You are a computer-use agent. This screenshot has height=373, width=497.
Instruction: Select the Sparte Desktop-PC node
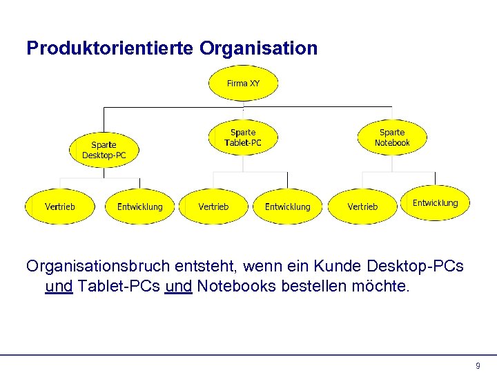(104, 150)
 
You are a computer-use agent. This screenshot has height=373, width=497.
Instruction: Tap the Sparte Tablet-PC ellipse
(243, 137)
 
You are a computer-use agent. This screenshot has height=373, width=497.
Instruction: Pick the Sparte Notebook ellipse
(392, 137)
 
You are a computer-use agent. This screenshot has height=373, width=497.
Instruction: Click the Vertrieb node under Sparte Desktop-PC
(60, 207)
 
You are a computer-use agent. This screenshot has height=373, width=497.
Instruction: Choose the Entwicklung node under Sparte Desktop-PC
(140, 207)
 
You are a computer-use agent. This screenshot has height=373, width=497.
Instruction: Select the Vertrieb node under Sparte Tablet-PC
(213, 207)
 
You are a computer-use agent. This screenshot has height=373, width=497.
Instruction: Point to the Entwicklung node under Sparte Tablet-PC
(288, 207)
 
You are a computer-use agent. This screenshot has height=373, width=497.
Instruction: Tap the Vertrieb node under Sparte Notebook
(362, 207)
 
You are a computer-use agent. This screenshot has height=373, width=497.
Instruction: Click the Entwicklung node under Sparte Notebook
(435, 202)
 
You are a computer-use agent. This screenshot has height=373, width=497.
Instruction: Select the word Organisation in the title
(259, 48)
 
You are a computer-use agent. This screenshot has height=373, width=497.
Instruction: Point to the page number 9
(478, 365)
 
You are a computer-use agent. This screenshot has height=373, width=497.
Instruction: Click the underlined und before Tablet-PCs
(59, 286)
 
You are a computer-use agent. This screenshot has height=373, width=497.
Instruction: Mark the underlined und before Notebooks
(179, 286)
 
